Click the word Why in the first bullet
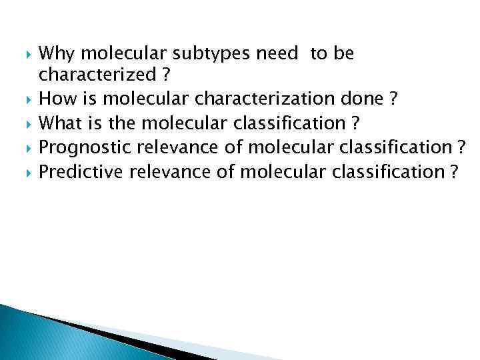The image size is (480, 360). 55,53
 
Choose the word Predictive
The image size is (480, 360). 81,172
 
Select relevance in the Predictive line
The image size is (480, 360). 172,172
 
